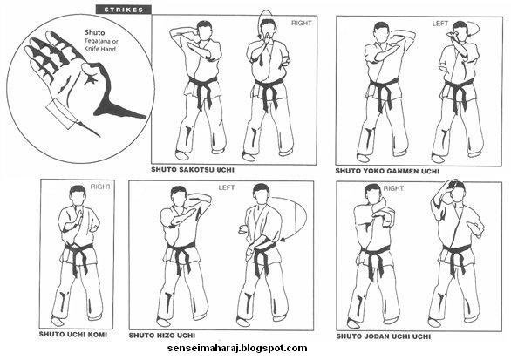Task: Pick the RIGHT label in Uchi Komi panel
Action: point(101,186)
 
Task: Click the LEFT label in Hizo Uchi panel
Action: point(228,187)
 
